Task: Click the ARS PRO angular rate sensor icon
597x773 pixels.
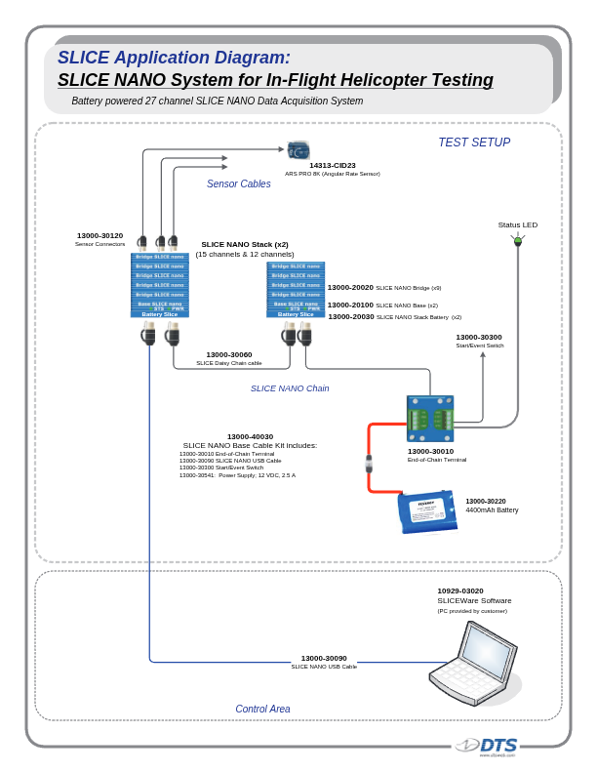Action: [x=298, y=150]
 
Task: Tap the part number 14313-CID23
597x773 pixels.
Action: [x=333, y=166]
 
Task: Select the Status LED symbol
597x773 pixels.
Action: [x=518, y=240]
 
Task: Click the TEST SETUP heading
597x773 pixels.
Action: [x=474, y=142]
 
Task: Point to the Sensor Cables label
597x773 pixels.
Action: [x=239, y=183]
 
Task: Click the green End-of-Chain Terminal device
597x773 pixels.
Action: [x=430, y=420]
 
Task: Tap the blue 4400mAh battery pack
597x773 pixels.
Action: [x=427, y=511]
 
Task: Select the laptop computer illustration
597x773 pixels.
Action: [x=473, y=665]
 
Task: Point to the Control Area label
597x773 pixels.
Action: [x=262, y=710]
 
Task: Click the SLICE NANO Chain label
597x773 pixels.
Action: [x=290, y=388]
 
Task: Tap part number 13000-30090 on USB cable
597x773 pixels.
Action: [x=324, y=658]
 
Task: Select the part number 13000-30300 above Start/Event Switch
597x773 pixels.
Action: [x=479, y=337]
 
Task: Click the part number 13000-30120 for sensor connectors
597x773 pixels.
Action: [x=100, y=235]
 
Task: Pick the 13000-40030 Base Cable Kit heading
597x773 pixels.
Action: [x=251, y=436]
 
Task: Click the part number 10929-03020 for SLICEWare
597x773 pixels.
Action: [x=460, y=590]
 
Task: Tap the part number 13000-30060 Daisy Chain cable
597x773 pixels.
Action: [x=229, y=354]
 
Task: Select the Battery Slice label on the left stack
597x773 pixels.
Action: [x=160, y=314]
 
